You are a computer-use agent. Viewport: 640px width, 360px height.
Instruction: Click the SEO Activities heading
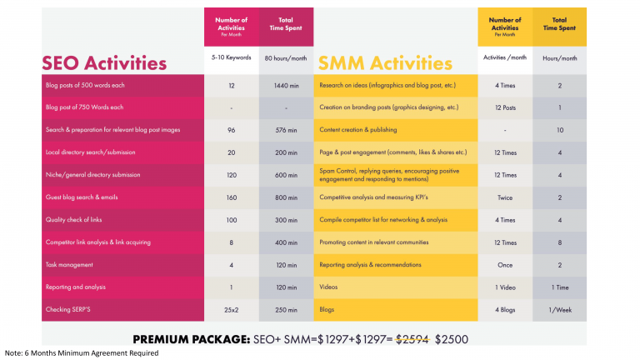[105, 62]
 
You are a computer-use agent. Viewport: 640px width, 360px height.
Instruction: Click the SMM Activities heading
[386, 62]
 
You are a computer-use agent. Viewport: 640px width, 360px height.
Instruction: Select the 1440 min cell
[286, 86]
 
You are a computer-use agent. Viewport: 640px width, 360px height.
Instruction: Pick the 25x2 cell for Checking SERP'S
[231, 310]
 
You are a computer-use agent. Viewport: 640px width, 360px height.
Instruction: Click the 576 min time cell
[286, 130]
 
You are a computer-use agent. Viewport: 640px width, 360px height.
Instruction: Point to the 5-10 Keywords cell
[231, 58]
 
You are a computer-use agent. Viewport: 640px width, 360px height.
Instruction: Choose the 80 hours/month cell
[286, 58]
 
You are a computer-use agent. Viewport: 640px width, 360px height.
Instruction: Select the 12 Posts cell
[505, 107]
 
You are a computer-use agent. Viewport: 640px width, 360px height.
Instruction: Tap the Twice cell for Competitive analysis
[505, 197]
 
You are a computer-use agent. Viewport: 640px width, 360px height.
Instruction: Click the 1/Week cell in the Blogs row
[558, 310]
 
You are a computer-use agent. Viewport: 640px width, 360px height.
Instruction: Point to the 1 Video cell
[505, 287]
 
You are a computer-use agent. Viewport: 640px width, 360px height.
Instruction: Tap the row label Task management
[68, 265]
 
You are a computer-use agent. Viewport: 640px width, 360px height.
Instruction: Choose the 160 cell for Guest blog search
[231, 197]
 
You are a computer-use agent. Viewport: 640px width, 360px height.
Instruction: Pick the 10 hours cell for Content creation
[558, 130]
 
